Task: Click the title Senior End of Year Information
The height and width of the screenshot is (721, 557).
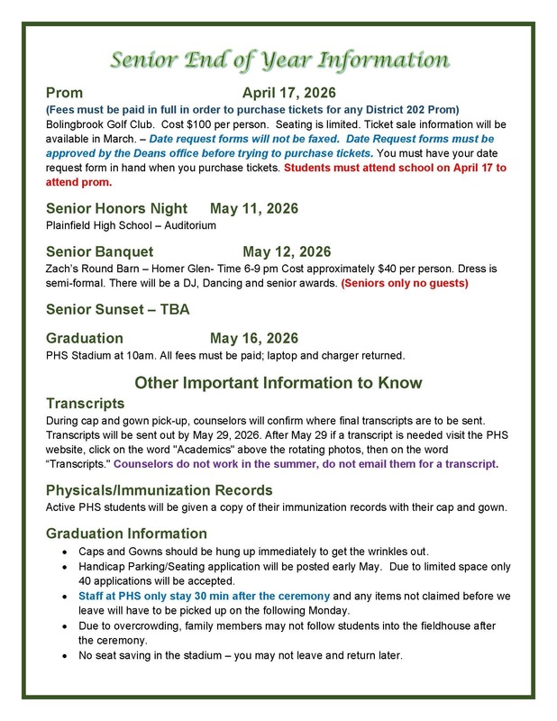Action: [278, 61]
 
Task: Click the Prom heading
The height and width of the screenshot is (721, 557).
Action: [64, 93]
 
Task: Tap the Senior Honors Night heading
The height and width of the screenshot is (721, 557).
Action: [116, 208]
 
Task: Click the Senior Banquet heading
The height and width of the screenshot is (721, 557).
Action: [99, 251]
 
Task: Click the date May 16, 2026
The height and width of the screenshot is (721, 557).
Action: [254, 338]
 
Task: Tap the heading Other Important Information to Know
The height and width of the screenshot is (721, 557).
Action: [278, 382]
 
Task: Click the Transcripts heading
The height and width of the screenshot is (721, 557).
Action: [85, 403]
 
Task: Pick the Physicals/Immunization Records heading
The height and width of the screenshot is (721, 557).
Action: [159, 490]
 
